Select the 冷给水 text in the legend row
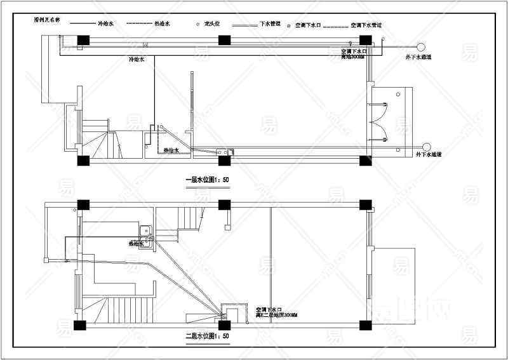click(105, 24)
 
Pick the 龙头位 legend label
click(211, 24)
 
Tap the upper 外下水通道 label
click(419, 58)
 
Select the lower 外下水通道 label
click(429, 154)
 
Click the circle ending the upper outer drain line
click(420, 46)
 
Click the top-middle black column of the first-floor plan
click(224, 40)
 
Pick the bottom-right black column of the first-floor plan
click(365, 160)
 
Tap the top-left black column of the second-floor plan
click(82, 204)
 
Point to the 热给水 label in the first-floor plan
click(172, 150)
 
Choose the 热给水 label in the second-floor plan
click(136, 243)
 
